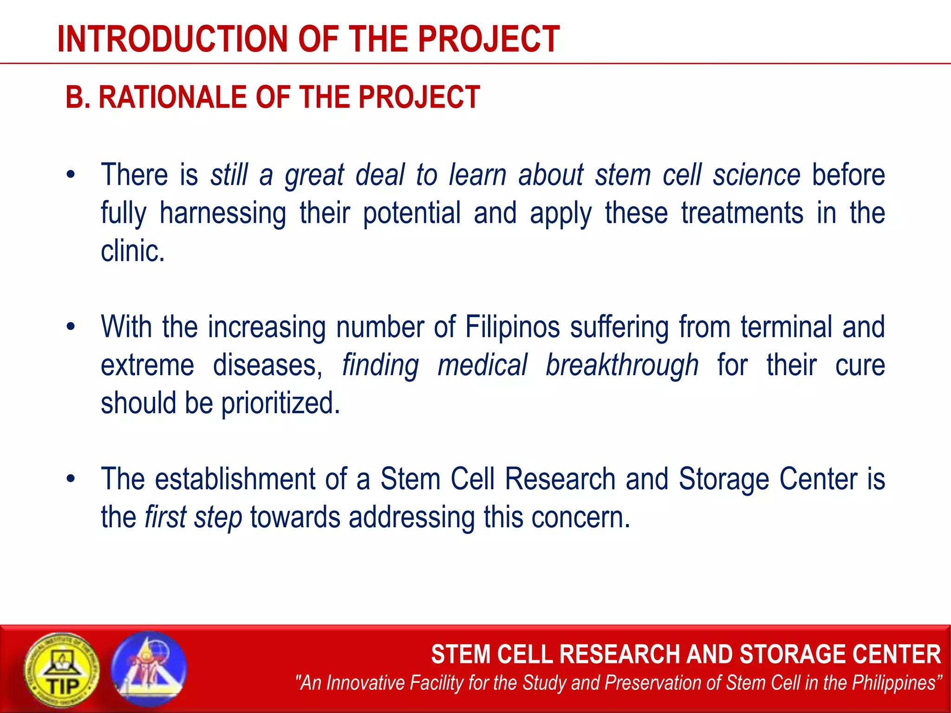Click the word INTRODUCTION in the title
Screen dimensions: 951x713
point(173,39)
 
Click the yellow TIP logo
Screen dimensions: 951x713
point(62,669)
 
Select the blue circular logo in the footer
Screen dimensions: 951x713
point(149,669)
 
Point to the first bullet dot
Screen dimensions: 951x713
point(71,175)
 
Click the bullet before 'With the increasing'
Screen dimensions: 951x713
point(71,327)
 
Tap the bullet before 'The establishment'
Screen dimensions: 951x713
point(71,479)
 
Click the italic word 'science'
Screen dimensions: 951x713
point(757,175)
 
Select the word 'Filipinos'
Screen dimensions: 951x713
point(513,328)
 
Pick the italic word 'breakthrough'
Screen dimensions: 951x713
point(622,365)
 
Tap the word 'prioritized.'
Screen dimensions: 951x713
point(280,403)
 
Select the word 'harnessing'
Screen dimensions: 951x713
point(223,214)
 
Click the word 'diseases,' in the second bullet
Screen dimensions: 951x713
point(268,365)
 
